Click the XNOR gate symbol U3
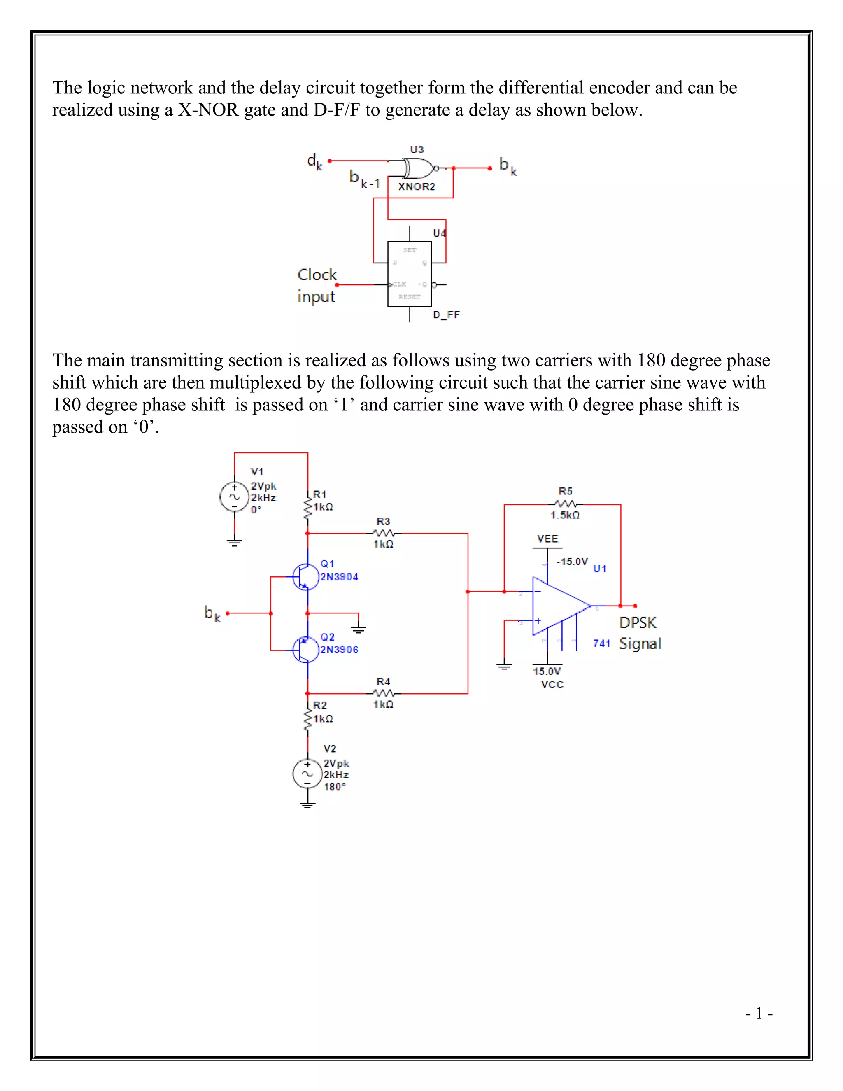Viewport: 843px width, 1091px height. [419, 168]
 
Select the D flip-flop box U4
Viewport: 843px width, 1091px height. [410, 274]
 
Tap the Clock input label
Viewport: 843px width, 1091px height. [317, 285]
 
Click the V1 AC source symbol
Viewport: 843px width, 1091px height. [234, 497]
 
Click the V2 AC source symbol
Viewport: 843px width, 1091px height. [307, 774]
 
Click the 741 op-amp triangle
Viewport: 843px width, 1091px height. [558, 606]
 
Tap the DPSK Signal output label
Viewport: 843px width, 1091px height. [640, 633]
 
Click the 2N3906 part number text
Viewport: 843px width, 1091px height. [339, 649]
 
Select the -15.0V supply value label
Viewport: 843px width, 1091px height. [572, 562]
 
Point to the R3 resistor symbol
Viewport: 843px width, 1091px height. [384, 533]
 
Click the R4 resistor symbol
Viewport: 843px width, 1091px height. [384, 693]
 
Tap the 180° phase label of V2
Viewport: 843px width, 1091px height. [335, 787]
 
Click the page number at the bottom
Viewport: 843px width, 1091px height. [759, 1014]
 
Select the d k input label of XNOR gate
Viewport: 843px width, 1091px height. [314, 162]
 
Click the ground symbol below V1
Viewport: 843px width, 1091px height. [234, 543]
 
